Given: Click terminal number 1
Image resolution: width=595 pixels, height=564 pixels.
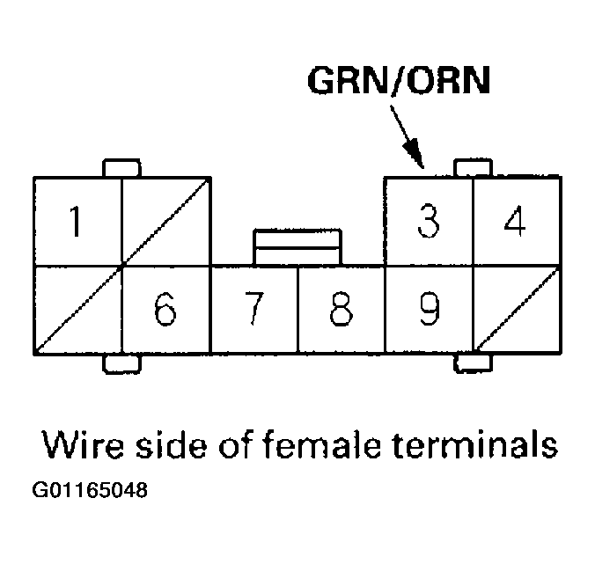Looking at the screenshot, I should (77, 221).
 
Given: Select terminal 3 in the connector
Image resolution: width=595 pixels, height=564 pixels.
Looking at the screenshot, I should (429, 221).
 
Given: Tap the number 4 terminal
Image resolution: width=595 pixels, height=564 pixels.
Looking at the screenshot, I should (516, 221).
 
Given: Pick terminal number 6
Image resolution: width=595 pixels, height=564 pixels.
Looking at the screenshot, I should (165, 310).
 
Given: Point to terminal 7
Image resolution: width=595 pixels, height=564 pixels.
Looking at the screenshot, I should (253, 310).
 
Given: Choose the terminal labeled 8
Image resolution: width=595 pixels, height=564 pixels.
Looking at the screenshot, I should (342, 310).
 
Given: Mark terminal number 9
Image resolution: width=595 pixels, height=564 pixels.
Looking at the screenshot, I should (429, 310).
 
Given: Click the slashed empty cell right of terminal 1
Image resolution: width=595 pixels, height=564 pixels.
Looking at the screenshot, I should (165, 221).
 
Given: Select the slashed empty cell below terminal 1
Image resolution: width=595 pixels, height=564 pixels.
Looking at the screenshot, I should (77, 310).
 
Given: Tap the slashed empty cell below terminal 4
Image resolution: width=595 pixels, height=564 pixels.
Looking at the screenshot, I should (516, 310).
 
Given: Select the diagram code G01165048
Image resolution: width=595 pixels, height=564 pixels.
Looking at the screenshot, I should (92, 489).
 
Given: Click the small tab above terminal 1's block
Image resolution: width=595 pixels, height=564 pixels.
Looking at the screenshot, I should (121, 168).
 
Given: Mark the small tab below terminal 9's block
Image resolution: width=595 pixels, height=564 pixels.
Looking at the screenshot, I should (472, 362).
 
